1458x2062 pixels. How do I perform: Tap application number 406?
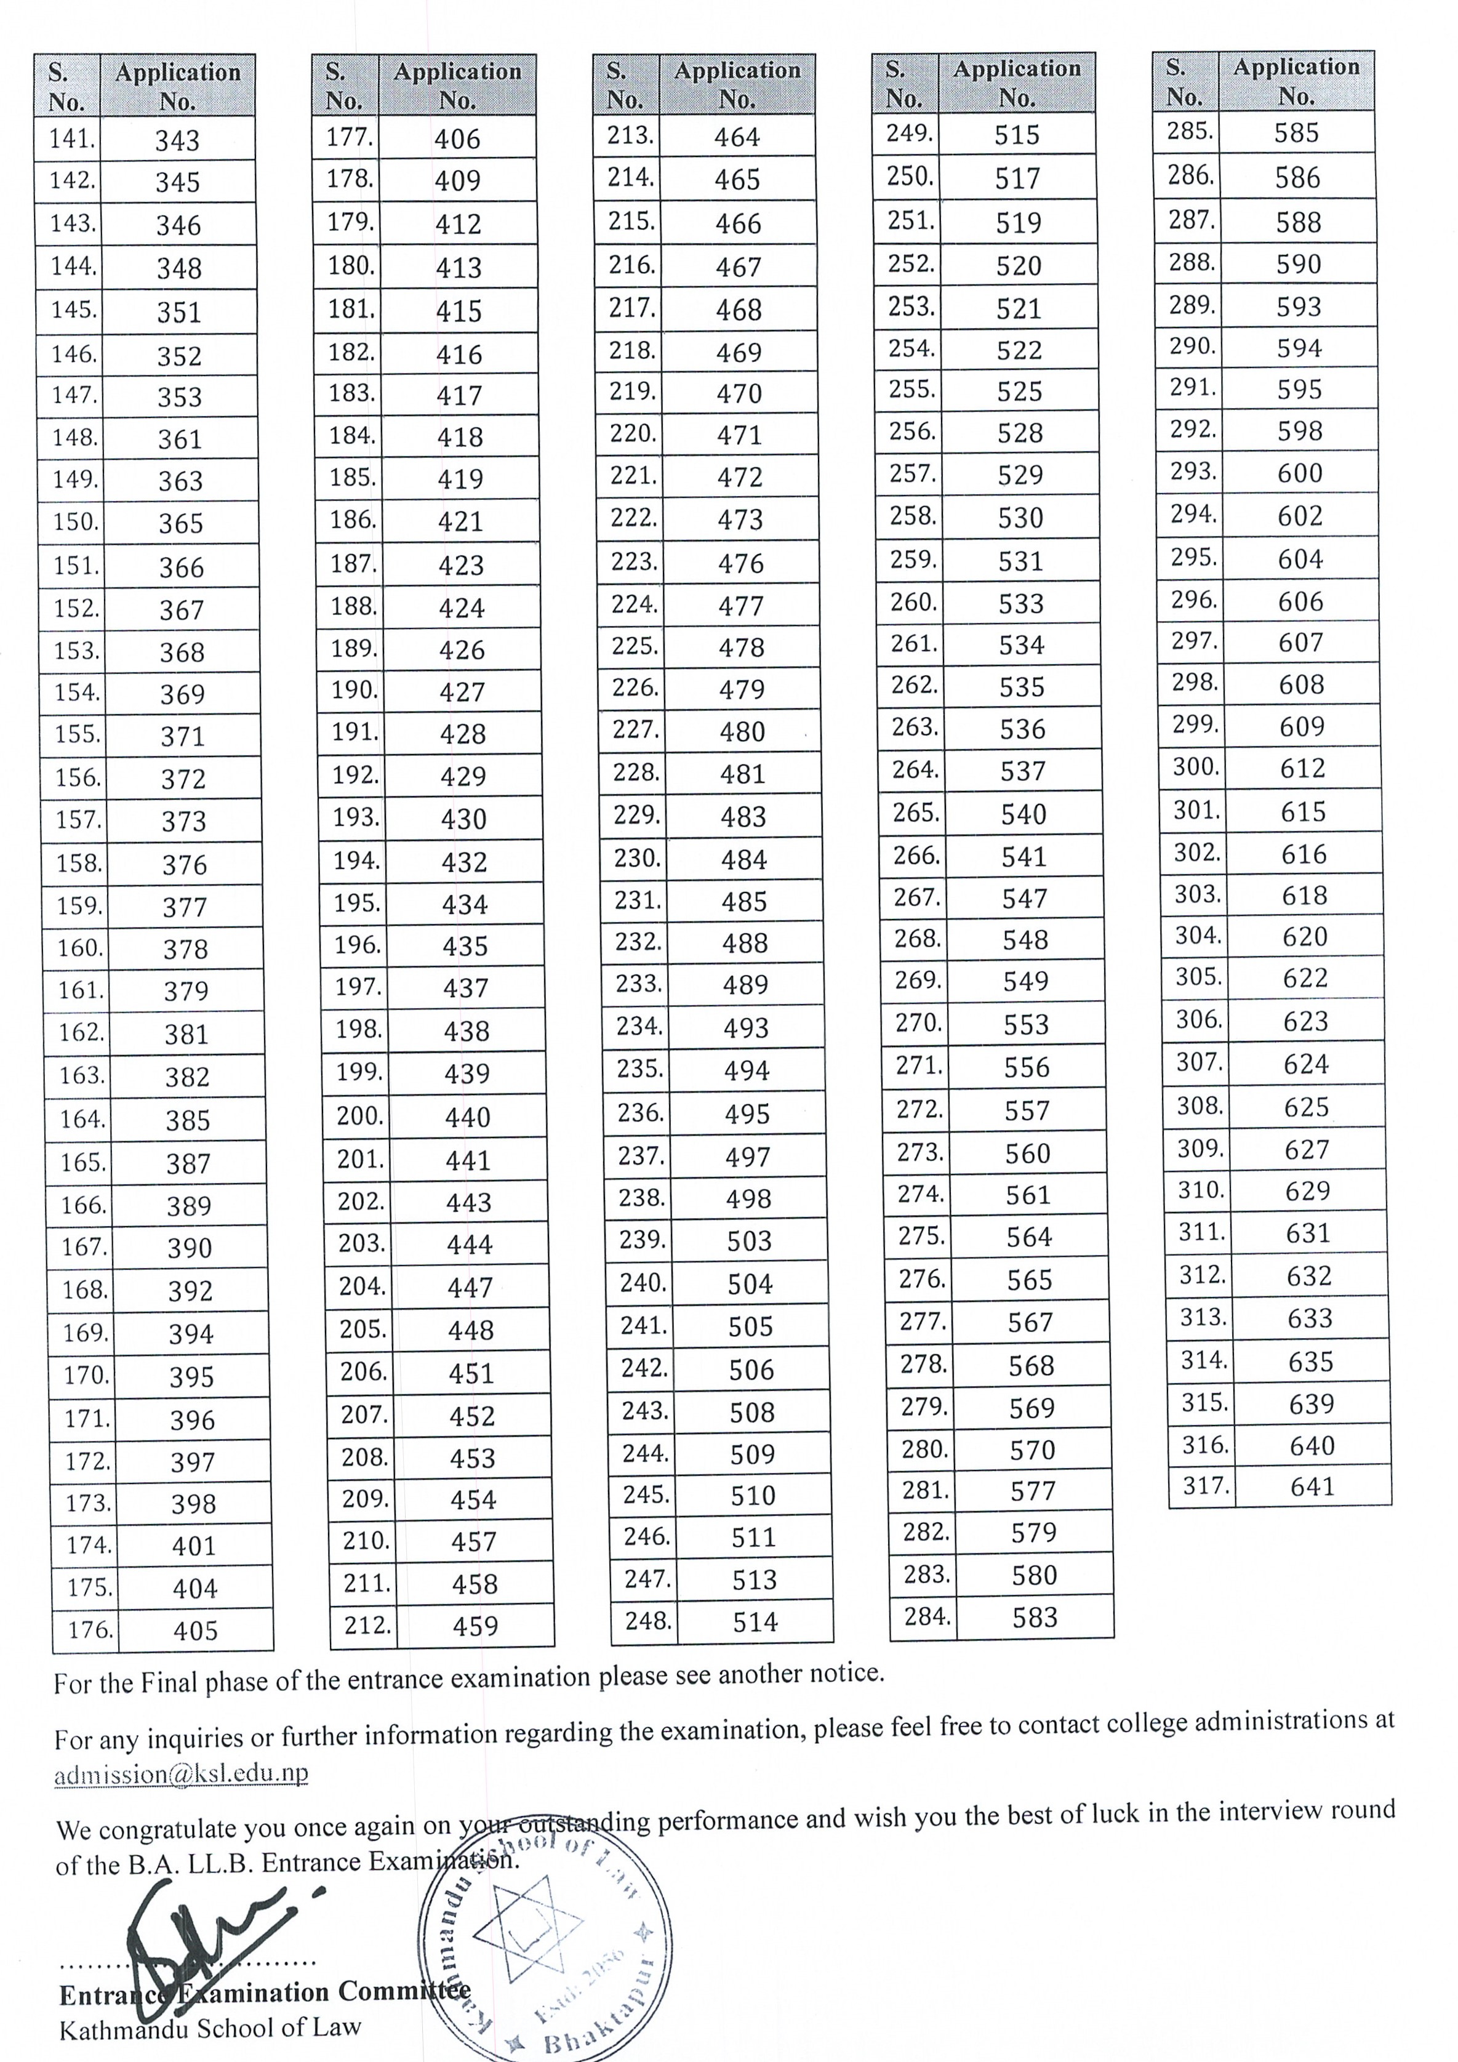[x=457, y=138]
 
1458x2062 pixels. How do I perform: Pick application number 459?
[x=475, y=1626]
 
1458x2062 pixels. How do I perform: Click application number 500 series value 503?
[x=749, y=1240]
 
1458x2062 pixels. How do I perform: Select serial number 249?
[x=908, y=133]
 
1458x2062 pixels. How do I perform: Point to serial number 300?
[x=1196, y=766]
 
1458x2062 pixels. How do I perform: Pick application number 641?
[x=1313, y=1486]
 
